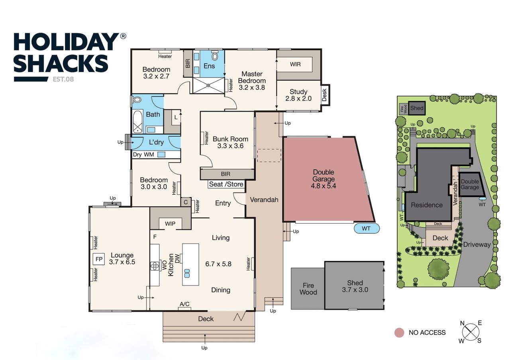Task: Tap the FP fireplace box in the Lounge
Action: coord(99,259)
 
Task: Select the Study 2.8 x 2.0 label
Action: coord(298,95)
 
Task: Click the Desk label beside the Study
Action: coord(324,95)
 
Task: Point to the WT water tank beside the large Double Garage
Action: coord(367,229)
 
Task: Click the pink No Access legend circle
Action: coord(399,333)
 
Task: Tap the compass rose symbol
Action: coord(471,332)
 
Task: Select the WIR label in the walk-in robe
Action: coord(295,65)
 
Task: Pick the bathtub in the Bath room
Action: coord(137,122)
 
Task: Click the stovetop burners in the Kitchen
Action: coord(155,266)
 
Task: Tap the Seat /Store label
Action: coord(226,184)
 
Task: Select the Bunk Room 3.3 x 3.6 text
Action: coord(230,143)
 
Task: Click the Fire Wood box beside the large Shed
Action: coord(308,289)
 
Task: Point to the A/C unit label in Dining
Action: coord(184,304)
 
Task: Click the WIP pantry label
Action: coord(170,224)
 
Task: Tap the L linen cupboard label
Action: coord(176,117)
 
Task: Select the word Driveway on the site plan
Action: coord(477,245)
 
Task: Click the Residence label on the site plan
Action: coord(427,205)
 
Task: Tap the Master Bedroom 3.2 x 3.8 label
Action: coord(252,81)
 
